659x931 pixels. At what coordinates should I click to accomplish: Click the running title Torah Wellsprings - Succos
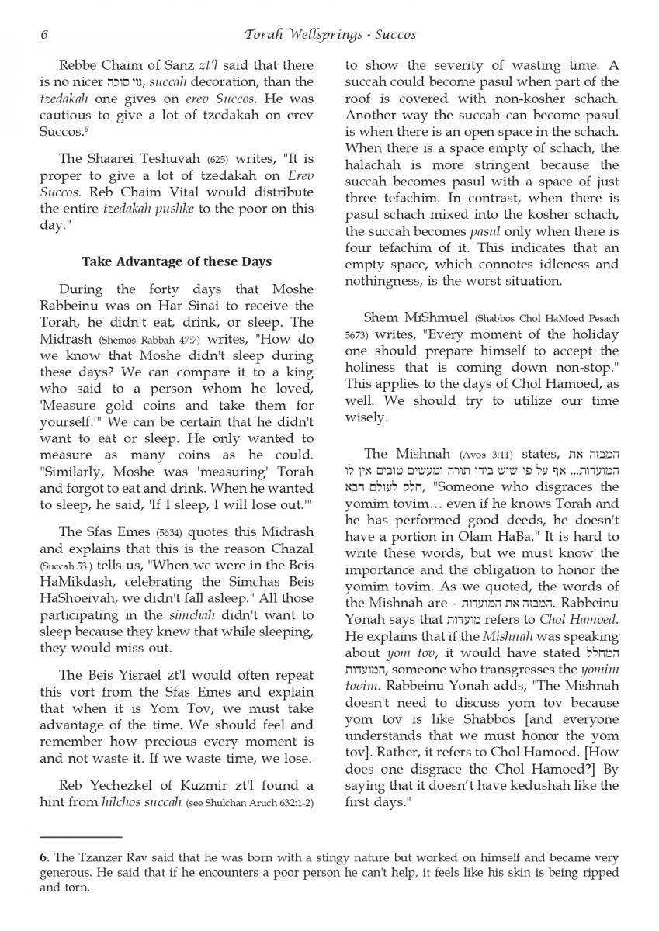(x=330, y=34)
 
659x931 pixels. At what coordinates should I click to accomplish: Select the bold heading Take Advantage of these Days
(x=177, y=261)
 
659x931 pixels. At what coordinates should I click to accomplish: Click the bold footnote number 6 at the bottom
(x=43, y=859)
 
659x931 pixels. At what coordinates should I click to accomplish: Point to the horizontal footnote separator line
(x=81, y=838)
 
